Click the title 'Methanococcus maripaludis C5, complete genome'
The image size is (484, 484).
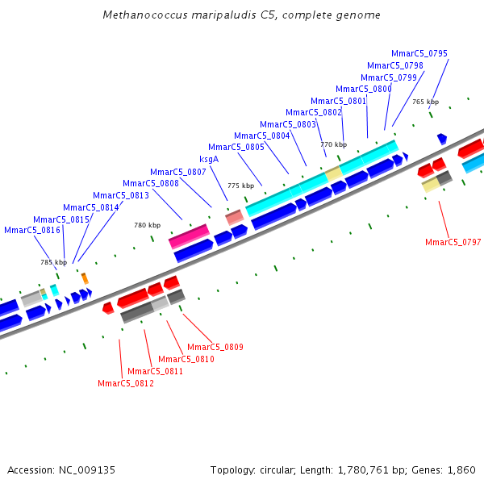pos(242,15)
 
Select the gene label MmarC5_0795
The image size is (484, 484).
pos(419,53)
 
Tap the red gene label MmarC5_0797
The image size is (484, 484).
pos(453,242)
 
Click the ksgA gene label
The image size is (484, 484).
pos(209,159)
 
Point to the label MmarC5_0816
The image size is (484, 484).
pos(32,230)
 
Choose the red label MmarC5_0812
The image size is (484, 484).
pos(125,383)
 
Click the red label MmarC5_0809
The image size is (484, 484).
pos(215,347)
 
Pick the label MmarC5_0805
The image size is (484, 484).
pos(236,147)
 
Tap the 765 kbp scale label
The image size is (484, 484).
pos(425,102)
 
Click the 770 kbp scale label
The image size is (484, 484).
pos(333,144)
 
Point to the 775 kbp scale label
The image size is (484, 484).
pos(240,186)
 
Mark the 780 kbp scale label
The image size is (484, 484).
pos(147,225)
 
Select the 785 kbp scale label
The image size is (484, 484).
pos(54,262)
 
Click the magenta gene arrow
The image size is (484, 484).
pos(189,237)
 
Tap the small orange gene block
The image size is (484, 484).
pos(84,278)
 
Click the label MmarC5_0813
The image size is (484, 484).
pos(120,195)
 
